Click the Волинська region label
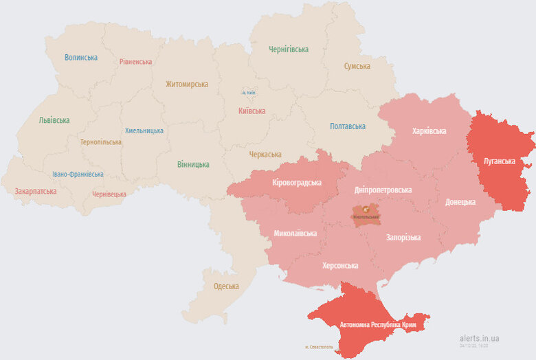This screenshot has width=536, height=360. click(x=81, y=58)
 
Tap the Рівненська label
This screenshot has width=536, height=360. click(x=135, y=62)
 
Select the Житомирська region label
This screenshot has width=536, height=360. click(x=186, y=85)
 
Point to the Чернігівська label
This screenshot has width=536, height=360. click(x=289, y=49)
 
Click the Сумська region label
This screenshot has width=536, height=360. click(x=357, y=67)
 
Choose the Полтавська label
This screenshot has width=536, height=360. click(x=348, y=126)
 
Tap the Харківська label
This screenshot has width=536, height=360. click(x=429, y=131)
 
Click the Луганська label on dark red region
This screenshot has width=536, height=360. click(x=499, y=161)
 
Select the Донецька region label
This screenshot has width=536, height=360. click(x=460, y=202)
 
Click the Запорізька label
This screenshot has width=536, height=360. click(x=403, y=238)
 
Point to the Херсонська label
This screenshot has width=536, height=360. click(x=340, y=265)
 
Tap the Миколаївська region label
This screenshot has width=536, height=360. click(x=295, y=234)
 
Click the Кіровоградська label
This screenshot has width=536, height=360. click(x=297, y=183)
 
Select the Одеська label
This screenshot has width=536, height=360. click(x=226, y=286)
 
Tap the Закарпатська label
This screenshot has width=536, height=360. click(x=36, y=192)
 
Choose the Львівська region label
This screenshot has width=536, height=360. click(x=54, y=121)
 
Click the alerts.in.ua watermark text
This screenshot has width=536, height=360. click(x=480, y=338)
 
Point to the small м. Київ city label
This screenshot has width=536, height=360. click(x=249, y=93)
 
